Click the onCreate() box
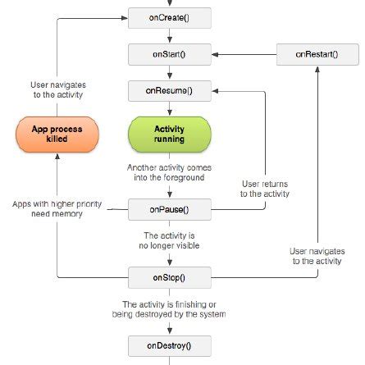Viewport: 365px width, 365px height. (169, 16)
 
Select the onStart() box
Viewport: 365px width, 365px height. (169, 53)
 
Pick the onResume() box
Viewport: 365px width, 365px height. (169, 89)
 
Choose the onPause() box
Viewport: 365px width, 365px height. (169, 209)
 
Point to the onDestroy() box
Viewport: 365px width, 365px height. (169, 346)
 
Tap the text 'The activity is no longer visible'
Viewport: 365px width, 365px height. (169, 243)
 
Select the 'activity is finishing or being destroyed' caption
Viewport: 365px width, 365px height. (169, 311)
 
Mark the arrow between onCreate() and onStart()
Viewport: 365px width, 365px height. (169, 34)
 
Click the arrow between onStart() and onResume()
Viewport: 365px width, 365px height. (169, 71)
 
